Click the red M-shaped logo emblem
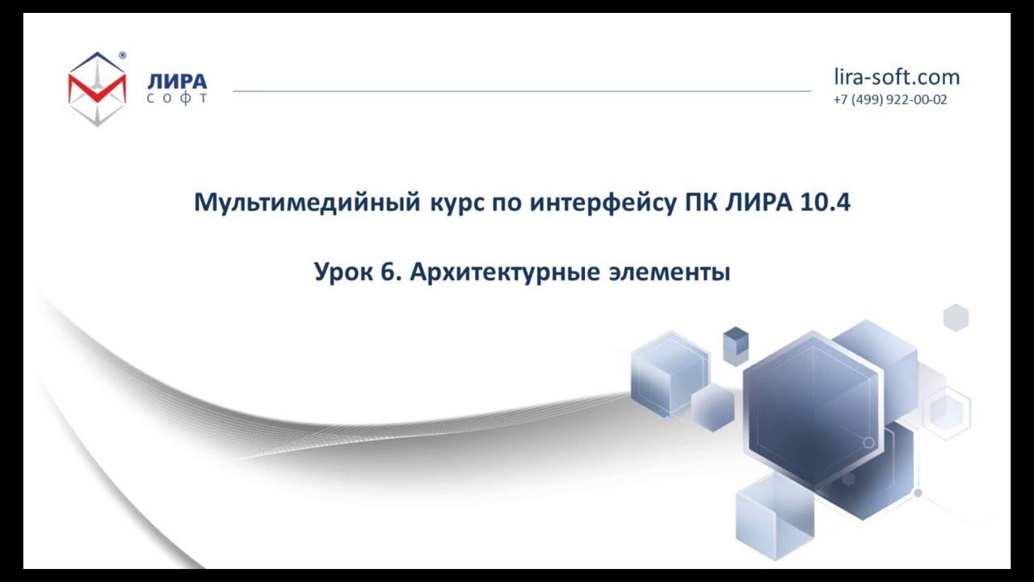[x=97, y=88]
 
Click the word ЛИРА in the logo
[x=177, y=82]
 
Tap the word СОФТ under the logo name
[x=177, y=99]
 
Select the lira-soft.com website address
[x=897, y=77]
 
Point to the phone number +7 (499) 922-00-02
[x=890, y=100]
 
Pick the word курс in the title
[x=452, y=202]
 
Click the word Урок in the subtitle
[x=342, y=272]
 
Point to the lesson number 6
[x=389, y=272]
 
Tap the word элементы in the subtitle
[x=668, y=272]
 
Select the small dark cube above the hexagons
[x=735, y=344]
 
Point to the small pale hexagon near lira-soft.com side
[x=956, y=317]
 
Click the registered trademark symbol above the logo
[x=122, y=56]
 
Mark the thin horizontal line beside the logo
[x=521, y=91]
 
